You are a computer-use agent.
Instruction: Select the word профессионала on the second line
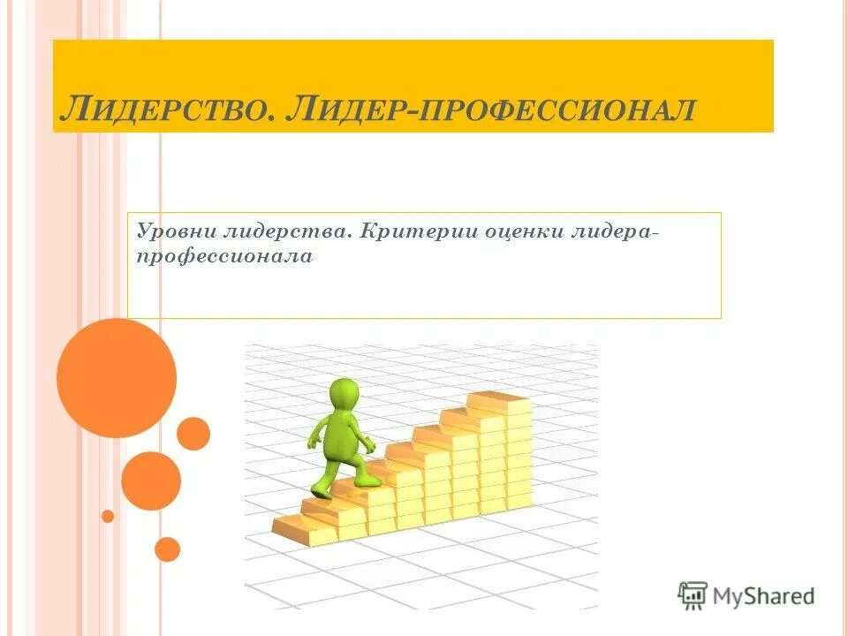pyautogui.click(x=224, y=257)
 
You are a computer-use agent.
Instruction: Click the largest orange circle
pyautogui.click(x=117, y=378)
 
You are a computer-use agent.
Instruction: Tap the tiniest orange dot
pyautogui.click(x=108, y=516)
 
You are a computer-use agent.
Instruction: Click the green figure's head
pyautogui.click(x=344, y=394)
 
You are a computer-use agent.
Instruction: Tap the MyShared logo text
pyautogui.click(x=764, y=596)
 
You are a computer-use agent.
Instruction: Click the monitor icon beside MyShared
pyautogui.click(x=693, y=595)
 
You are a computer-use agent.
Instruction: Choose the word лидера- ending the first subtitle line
pyautogui.click(x=616, y=231)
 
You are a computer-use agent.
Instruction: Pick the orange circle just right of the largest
pyautogui.click(x=193, y=434)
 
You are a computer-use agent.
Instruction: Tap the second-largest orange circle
pyautogui.click(x=151, y=481)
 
